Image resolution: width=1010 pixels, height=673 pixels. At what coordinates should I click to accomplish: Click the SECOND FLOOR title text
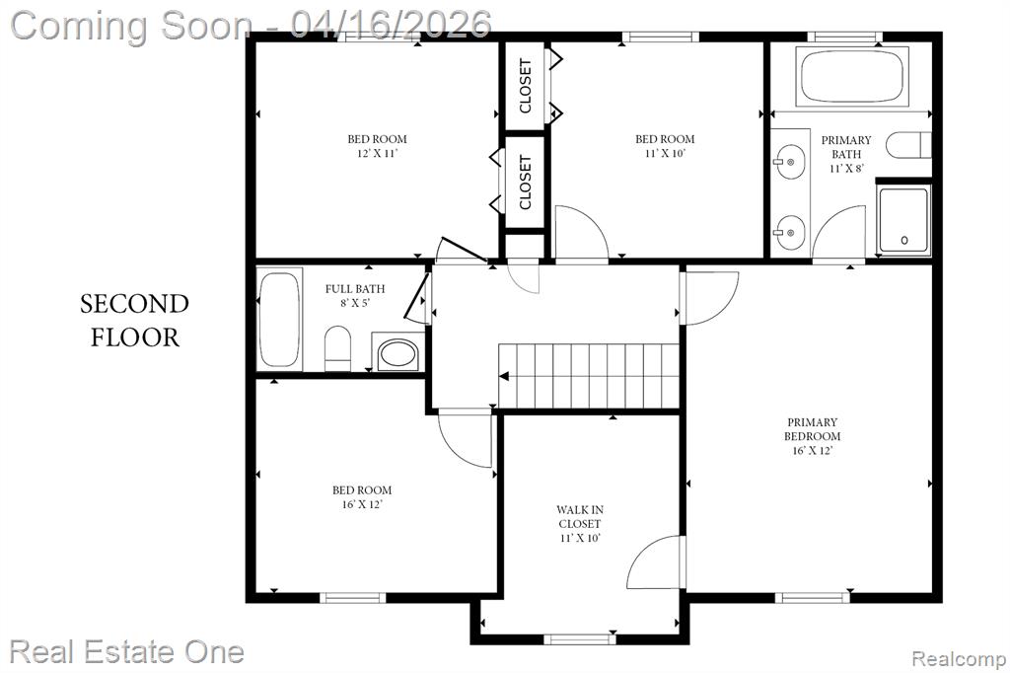(x=134, y=321)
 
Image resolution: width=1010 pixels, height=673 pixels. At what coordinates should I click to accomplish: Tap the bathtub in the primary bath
(x=852, y=76)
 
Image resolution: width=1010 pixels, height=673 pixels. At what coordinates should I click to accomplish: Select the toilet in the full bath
(x=337, y=348)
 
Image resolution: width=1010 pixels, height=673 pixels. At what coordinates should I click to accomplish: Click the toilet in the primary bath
(x=908, y=145)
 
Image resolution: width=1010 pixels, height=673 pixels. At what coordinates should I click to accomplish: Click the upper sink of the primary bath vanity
(x=788, y=162)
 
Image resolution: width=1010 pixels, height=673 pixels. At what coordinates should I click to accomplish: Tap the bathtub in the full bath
(x=279, y=321)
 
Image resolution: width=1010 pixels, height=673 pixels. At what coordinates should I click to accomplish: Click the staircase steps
(x=589, y=377)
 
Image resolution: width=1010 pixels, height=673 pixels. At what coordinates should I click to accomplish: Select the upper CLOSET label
(x=525, y=86)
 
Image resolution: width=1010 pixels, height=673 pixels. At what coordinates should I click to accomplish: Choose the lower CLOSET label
(x=525, y=183)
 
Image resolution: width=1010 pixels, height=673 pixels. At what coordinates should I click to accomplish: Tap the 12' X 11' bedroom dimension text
(x=378, y=153)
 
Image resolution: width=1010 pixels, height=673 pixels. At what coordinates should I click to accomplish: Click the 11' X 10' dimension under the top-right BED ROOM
(x=665, y=153)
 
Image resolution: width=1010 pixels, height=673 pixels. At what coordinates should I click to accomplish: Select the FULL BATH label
(x=355, y=289)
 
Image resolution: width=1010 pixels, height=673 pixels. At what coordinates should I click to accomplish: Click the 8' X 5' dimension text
(x=355, y=303)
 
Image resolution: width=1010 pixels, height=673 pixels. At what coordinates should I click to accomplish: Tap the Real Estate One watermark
(x=127, y=651)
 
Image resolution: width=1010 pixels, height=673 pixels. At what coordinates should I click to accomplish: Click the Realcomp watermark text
(x=959, y=659)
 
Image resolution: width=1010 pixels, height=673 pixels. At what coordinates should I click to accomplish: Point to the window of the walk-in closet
(x=580, y=638)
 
